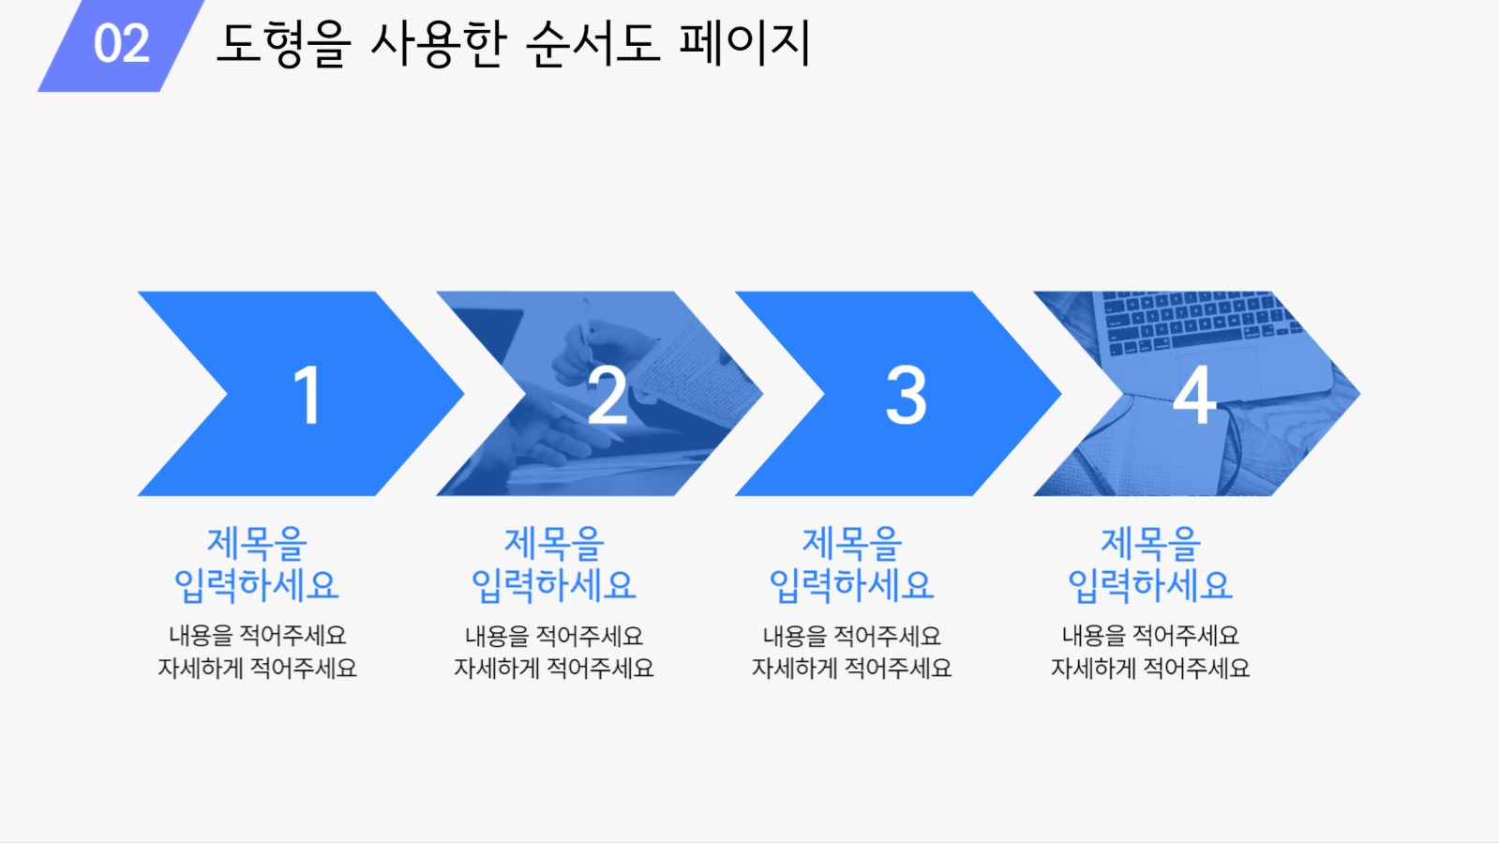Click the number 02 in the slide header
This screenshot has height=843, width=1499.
pyautogui.click(x=121, y=44)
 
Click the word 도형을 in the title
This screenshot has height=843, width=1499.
pyautogui.click(x=282, y=44)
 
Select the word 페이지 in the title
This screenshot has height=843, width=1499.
pyautogui.click(x=744, y=44)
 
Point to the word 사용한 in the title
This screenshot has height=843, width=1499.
pyautogui.click(x=438, y=44)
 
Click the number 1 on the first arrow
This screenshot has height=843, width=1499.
pyautogui.click(x=307, y=396)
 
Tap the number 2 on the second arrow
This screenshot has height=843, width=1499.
pyautogui.click(x=607, y=396)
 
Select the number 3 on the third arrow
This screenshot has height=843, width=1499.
pyautogui.click(x=906, y=396)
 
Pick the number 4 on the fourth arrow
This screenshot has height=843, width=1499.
pyautogui.click(x=1194, y=396)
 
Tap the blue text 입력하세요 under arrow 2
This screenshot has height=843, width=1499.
pyautogui.click(x=553, y=586)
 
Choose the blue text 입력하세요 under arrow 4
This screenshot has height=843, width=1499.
pyautogui.click(x=1149, y=586)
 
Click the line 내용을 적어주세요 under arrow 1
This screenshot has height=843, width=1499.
pyautogui.click(x=257, y=636)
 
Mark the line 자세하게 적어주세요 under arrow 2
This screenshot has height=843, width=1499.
pyautogui.click(x=553, y=669)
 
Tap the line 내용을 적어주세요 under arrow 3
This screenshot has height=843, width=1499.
pyautogui.click(x=851, y=636)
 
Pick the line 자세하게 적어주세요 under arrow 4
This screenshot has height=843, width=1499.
pyautogui.click(x=1149, y=669)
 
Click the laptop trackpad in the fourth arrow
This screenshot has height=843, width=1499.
pyautogui.click(x=1219, y=369)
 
